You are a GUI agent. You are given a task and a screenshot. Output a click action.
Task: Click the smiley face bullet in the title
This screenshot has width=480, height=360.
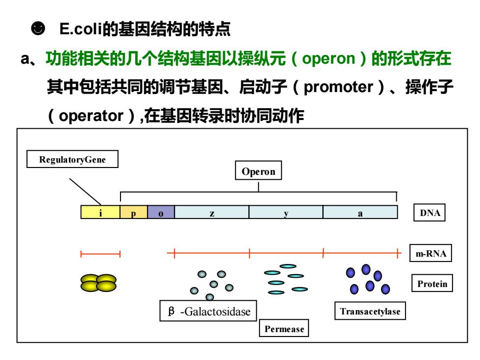tap(38, 28)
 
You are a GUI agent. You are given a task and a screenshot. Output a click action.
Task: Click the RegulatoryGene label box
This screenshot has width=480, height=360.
tap(72, 159)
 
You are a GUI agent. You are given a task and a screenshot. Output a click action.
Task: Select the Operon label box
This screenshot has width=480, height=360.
tap(259, 170)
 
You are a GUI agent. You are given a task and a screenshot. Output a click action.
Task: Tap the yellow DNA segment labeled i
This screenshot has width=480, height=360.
tap(100, 212)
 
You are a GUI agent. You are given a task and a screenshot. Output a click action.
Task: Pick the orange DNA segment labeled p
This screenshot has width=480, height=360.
tap(133, 212)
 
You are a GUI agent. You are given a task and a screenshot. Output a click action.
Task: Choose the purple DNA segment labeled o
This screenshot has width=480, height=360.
tap(161, 212)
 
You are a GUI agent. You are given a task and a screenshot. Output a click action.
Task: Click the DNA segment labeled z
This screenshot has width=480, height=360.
tap(212, 212)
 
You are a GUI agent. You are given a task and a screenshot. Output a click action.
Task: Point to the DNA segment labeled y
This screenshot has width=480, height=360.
tap(286, 212)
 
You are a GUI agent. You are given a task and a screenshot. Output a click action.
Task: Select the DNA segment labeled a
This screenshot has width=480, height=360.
tap(360, 212)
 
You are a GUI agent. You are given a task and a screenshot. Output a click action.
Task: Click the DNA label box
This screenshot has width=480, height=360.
tap(430, 213)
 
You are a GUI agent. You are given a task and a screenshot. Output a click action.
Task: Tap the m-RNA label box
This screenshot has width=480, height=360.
tap(431, 253)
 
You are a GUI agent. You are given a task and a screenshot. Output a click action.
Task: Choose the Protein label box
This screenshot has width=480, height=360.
tap(432, 283)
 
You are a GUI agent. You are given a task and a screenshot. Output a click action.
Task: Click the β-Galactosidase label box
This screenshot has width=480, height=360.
tap(208, 311)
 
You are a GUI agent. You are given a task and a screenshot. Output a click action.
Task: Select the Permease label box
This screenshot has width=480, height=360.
tap(284, 328)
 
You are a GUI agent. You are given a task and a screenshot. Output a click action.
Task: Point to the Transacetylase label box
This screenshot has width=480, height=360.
tap(370, 311)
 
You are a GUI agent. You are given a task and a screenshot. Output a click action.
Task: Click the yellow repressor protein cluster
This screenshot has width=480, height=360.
tap(98, 283)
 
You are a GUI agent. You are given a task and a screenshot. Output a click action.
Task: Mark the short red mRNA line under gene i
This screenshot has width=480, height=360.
tap(100, 254)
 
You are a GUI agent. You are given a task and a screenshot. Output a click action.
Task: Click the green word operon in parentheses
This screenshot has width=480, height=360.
tap(328, 58)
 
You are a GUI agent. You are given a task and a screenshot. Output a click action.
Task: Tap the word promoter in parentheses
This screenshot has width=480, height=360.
tap(338, 87)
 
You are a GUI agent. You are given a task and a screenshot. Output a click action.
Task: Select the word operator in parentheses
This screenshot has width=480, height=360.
tap(91, 116)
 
